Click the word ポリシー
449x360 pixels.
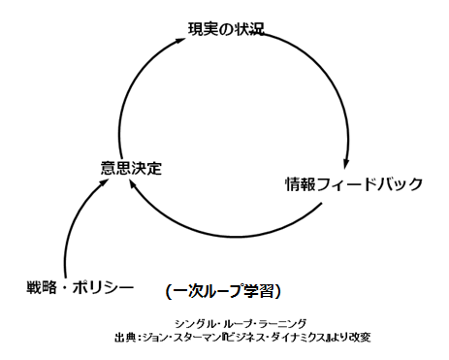105,286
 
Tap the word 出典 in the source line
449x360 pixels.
125,338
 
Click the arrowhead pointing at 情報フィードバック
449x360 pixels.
345,162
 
